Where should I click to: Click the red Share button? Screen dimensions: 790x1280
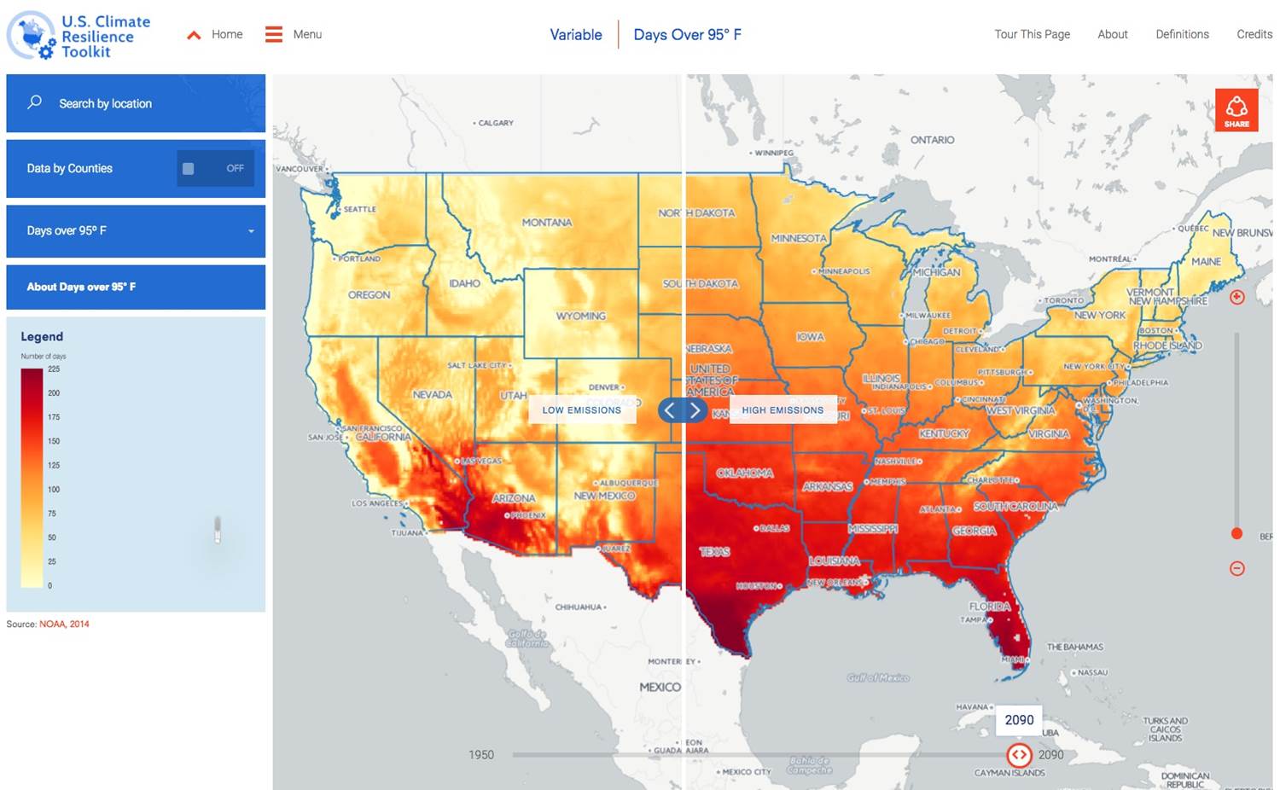click(1236, 110)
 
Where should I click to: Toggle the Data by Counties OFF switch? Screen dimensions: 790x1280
click(216, 169)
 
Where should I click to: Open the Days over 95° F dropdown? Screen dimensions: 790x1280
click(136, 231)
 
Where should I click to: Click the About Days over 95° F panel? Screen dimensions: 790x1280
click(136, 287)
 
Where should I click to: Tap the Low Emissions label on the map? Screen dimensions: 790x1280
click(582, 410)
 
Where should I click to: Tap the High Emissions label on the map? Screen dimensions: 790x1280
click(783, 410)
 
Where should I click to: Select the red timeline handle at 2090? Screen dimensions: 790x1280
click(1019, 755)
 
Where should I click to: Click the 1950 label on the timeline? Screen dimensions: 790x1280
click(481, 755)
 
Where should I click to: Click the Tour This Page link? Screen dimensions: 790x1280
click(1032, 34)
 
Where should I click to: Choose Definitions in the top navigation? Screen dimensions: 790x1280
click(1182, 34)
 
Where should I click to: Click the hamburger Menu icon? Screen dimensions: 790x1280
click(274, 34)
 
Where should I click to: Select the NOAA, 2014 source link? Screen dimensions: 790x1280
click(64, 624)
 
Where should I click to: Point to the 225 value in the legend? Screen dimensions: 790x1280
click(54, 369)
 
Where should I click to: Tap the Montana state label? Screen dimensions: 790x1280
click(547, 223)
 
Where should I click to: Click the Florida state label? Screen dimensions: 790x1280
click(990, 607)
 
